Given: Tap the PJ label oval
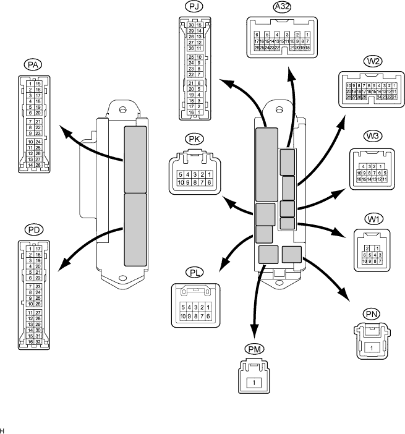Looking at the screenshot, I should coord(194,7).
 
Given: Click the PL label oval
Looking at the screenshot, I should coord(194,271).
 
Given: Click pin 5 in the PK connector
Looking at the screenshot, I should coord(180,175).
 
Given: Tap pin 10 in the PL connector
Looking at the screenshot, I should coord(182,316).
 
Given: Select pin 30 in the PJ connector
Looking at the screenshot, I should coord(191,25).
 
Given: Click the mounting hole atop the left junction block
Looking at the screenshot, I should coord(123,111).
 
